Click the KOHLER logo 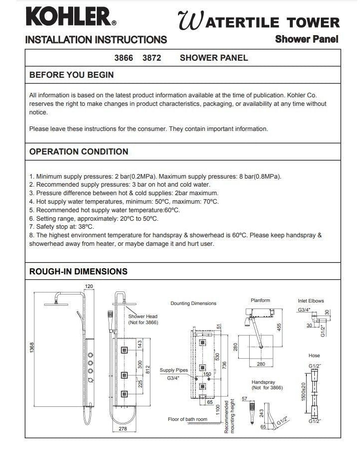coord(71,17)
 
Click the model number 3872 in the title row coord(151,58)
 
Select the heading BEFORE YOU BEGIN coord(72,75)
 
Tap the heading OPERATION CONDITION coord(79,152)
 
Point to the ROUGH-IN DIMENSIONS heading coord(78,271)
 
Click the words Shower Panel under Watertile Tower coord(306,39)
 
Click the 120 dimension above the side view coord(89,286)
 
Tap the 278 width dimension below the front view coord(123,428)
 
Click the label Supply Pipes coord(174,370)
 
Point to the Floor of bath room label coord(188,419)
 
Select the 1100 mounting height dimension coord(217,408)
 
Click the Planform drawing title coord(260,300)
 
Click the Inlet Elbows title coord(311,301)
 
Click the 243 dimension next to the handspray coord(262,413)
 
